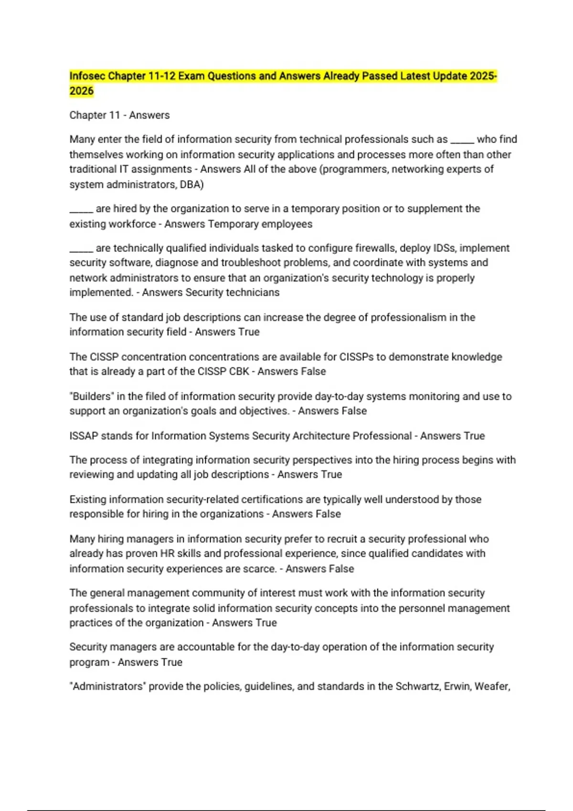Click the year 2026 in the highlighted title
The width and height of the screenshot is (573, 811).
point(81,91)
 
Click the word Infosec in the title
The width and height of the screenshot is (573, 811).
point(87,76)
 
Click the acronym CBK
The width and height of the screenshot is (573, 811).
point(239,372)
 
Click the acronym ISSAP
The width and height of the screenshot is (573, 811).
point(84,436)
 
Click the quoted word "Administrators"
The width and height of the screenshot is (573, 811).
point(107,686)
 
